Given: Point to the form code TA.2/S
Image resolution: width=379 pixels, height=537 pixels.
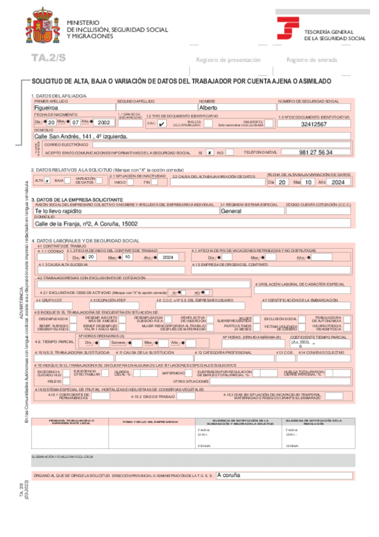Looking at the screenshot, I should point(48,58).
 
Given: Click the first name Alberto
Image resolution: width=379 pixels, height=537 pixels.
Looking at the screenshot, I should point(208,108).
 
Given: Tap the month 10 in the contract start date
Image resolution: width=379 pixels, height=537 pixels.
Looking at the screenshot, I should point(127,258).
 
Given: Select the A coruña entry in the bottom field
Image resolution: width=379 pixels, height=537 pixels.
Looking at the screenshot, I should point(228,474).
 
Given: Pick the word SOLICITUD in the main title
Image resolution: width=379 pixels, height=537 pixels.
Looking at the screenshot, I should point(47,82).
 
